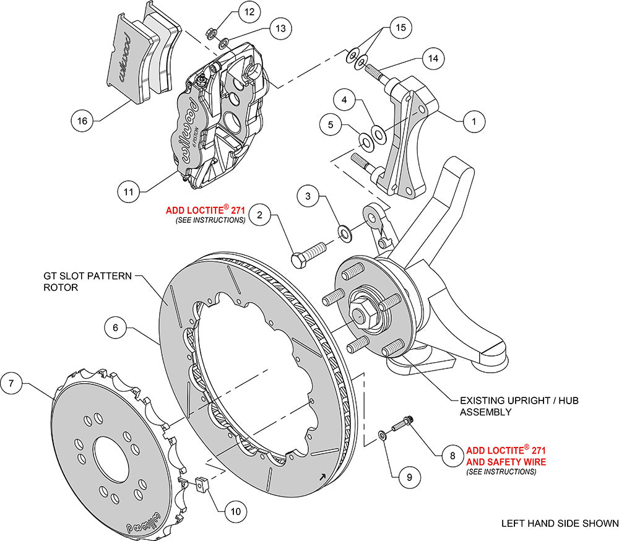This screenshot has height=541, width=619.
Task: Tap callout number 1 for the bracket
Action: [x=474, y=121]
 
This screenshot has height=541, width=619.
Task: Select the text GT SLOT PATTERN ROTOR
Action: [x=87, y=282]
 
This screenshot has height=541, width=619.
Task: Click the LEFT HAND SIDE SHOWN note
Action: [x=559, y=524]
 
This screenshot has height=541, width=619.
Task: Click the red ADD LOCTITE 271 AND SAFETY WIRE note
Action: [x=506, y=456]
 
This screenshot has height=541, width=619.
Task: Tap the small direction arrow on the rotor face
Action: [x=322, y=477]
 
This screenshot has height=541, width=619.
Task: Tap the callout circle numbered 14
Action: [x=431, y=58]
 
